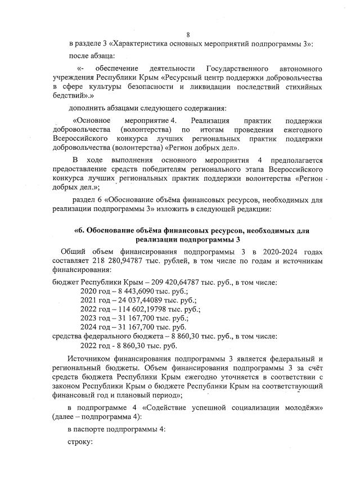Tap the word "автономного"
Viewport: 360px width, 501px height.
(307, 67)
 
